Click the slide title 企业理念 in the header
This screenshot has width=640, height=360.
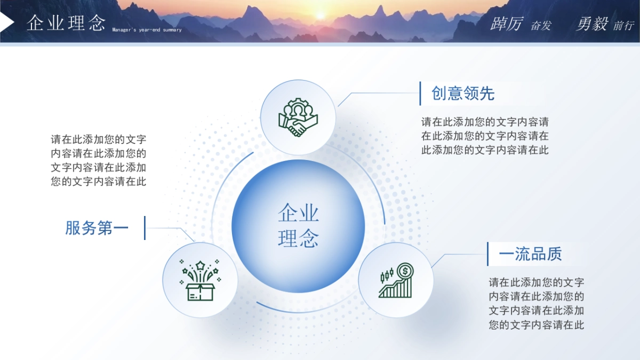(x=66, y=23)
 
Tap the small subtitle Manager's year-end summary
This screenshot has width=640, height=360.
(x=147, y=30)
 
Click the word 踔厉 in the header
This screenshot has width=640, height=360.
(x=507, y=24)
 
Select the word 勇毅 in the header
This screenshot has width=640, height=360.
(x=592, y=24)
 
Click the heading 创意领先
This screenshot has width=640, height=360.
(x=463, y=94)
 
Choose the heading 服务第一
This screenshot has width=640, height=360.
(x=97, y=228)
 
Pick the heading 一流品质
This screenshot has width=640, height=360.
(x=530, y=254)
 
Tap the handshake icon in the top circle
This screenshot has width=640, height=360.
(x=298, y=117)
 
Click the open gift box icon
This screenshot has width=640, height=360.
(x=200, y=281)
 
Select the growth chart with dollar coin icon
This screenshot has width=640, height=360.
(x=396, y=281)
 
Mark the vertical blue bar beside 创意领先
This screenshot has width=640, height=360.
(x=420, y=93)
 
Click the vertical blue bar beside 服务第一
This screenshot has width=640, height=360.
(x=145, y=228)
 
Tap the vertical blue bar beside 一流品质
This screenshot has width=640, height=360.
(x=487, y=254)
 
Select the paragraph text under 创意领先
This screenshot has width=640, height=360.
(x=485, y=136)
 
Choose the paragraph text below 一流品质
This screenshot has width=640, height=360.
(x=536, y=303)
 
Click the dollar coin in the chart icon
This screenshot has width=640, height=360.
(x=405, y=271)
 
